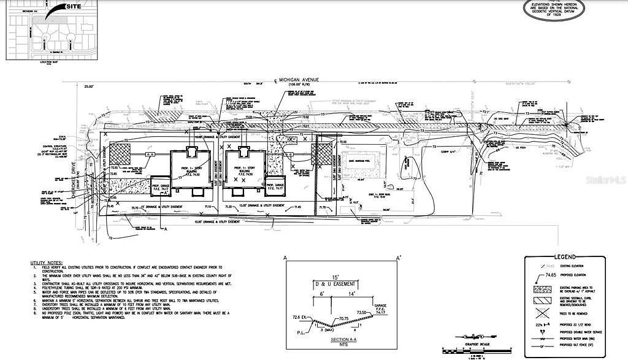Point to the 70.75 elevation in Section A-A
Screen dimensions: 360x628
point(341,318)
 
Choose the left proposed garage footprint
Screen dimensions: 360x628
point(160,185)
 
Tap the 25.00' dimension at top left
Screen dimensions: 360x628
point(91,86)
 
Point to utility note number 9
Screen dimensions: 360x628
point(132,314)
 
